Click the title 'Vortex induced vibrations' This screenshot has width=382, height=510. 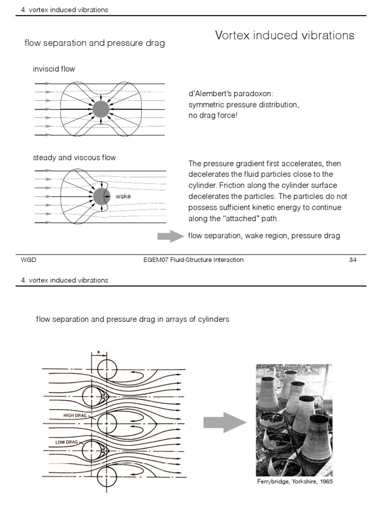[285, 35]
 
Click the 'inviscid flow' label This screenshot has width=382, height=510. [54, 69]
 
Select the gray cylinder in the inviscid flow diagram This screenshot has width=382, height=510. [100, 109]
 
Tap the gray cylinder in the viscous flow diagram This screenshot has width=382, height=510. [100, 196]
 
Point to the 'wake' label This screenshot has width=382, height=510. [123, 197]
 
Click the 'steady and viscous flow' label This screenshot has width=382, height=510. [74, 158]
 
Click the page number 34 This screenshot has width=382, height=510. [353, 260]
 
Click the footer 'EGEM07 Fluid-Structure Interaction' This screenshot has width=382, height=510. [193, 260]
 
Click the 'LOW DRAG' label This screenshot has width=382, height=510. [67, 442]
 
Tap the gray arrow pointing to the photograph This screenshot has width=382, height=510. [224, 423]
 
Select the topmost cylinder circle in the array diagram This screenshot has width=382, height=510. [107, 370]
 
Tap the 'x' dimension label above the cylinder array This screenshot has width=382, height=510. [98, 352]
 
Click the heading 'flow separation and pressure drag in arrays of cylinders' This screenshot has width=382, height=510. [132, 319]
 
